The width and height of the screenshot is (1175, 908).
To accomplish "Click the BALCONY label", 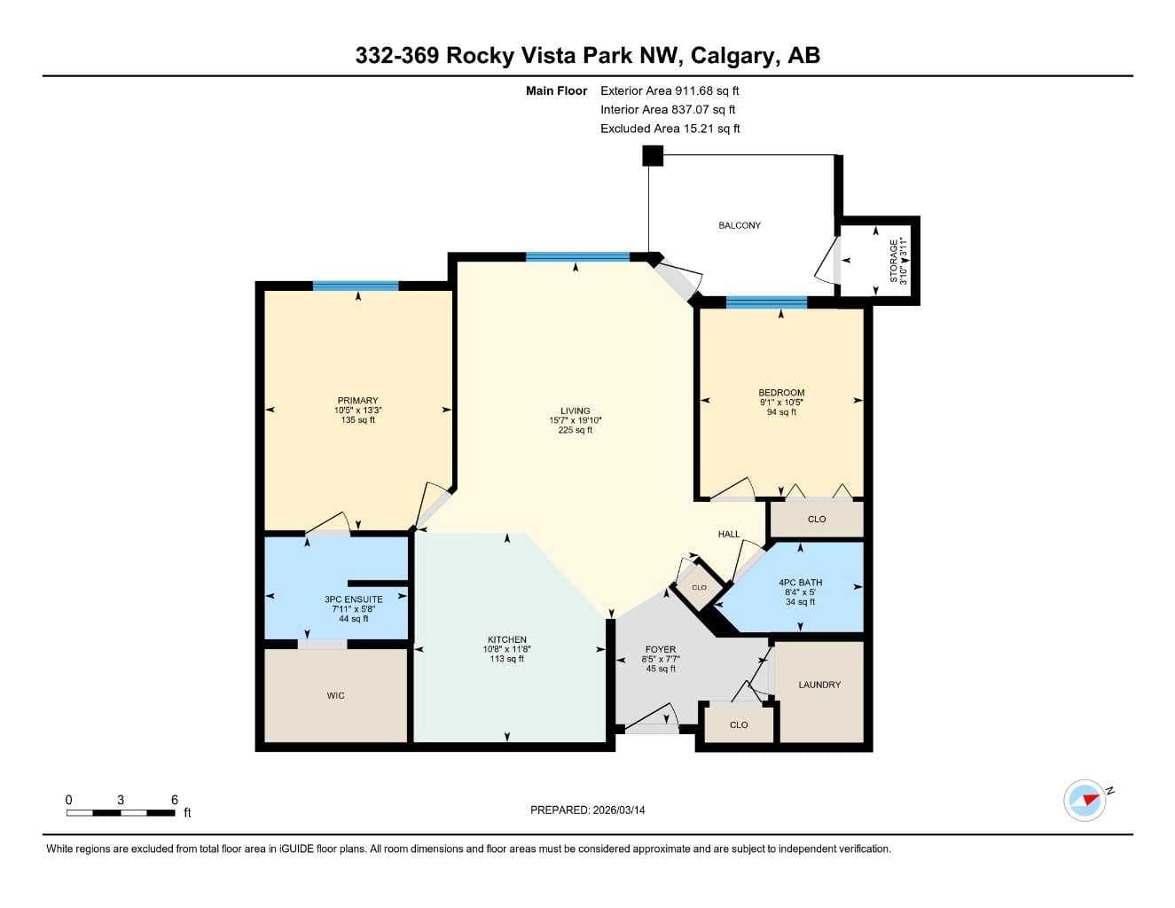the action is pos(740,225).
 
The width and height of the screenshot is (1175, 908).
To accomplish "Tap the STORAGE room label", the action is pos(893,261).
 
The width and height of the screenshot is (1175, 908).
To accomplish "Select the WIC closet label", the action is pos(336,695).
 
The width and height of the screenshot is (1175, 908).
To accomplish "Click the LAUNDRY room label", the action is pos(819,685).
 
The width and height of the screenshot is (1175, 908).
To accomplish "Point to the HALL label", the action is pos(728,534).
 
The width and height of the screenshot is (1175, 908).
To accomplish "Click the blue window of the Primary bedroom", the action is pos(356,286).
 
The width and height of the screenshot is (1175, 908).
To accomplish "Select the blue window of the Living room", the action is pos(577,257).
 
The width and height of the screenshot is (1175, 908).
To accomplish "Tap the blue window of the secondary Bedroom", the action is pos(767,302).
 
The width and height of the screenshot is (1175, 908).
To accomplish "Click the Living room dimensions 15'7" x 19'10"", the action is pos(576,420).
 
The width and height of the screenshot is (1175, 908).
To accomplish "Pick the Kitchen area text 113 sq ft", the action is pos(506,659).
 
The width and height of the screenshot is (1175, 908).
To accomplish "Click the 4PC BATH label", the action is pos(800,583).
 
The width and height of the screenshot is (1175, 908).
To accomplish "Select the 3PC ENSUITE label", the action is pos(354,599).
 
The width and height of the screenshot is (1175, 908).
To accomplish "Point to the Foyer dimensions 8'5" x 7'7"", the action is pos(661,660).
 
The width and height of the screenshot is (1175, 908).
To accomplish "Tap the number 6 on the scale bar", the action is pos(174,800).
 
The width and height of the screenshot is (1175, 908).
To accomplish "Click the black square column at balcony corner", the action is pos(653,156).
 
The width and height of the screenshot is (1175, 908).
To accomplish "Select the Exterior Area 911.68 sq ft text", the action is pos(670,90).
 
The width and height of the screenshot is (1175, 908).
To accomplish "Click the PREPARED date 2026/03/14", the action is pos(619,810).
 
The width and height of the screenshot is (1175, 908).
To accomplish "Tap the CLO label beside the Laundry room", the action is pos(739,724).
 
